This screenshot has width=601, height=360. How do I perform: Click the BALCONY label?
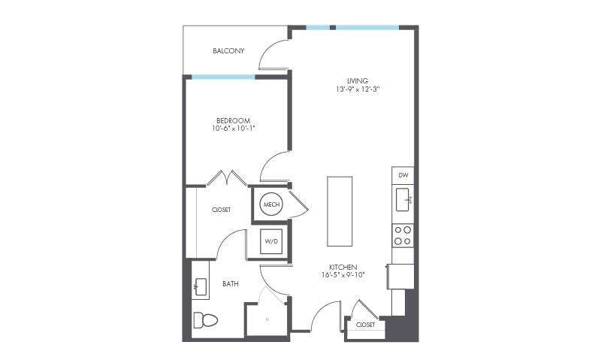(228, 50)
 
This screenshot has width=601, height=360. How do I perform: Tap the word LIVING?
(358, 80)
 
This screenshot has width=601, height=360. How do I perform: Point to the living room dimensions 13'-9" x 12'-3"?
(358, 89)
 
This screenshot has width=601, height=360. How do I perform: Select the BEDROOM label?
(234, 120)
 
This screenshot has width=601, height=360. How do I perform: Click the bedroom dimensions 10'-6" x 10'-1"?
(234, 129)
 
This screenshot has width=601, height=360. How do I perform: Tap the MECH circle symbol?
(271, 204)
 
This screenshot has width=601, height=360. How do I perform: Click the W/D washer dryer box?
(271, 241)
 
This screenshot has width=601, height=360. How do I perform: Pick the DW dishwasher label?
(403, 175)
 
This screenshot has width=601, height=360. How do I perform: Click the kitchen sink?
(403, 199)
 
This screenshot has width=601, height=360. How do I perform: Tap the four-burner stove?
(403, 235)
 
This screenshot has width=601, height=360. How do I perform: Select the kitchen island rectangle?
(340, 211)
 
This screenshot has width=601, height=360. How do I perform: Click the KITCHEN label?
(343, 267)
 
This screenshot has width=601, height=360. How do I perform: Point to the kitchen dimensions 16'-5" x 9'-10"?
(343, 275)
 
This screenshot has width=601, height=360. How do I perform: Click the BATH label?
(231, 283)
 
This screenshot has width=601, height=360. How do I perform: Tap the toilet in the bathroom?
(205, 320)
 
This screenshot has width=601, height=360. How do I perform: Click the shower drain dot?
(267, 319)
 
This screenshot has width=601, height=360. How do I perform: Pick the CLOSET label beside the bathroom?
(221, 210)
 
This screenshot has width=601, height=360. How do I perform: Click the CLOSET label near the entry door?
(365, 325)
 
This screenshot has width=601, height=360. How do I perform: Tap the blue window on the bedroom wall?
(223, 77)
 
